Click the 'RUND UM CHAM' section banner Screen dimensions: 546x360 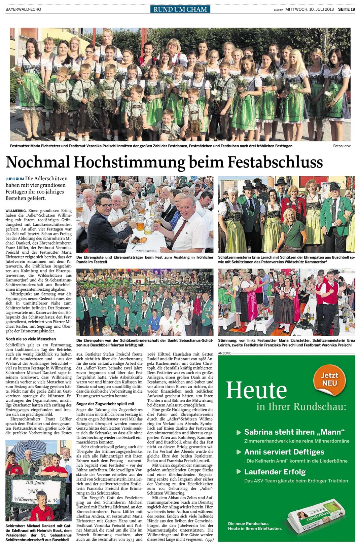tap(180, 9)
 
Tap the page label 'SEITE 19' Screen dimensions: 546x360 tap(347, 9)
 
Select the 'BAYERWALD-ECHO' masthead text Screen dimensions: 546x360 tap(23, 9)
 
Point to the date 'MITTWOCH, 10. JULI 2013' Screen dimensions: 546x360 tap(310, 9)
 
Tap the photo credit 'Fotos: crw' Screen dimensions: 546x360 tap(341, 146)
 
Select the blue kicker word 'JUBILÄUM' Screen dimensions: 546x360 tap(14, 179)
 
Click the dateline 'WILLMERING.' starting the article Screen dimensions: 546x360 tap(15, 211)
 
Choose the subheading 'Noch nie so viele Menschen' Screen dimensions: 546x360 tap(31, 339)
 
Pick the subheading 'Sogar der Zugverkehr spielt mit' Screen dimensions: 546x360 tap(105, 404)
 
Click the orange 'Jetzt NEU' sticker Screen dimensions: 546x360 tap(329, 379)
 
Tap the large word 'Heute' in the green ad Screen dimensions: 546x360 tap(256, 391)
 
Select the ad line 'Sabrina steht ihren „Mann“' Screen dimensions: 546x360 tap(294, 432)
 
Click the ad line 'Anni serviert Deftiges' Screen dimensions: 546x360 tap(284, 452)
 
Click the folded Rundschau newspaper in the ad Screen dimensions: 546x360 tap(317, 518)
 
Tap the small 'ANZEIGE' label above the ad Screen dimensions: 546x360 tap(224, 353)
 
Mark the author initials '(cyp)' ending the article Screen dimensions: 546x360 tap(209, 539)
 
